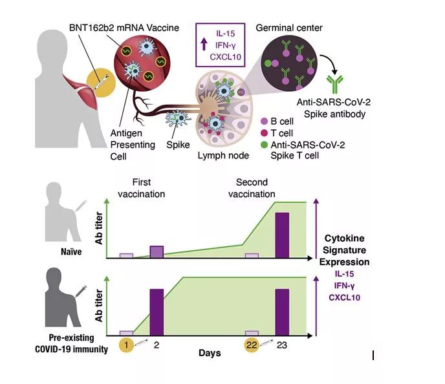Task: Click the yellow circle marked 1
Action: point(128,345)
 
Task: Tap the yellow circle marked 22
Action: point(251,345)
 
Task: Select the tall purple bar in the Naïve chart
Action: point(283,235)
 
